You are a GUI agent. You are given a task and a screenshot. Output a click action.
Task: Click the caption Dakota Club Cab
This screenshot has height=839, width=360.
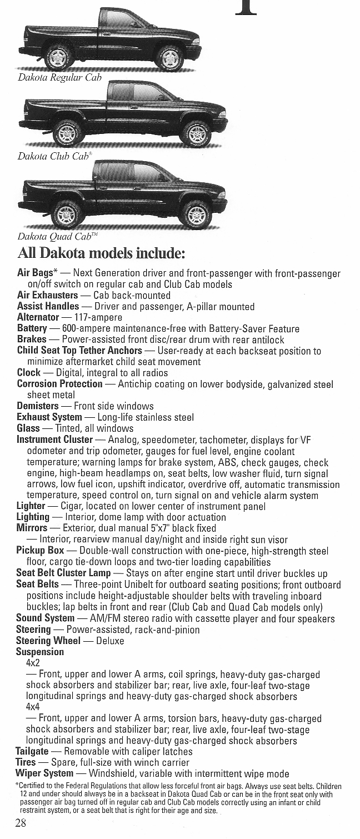54,156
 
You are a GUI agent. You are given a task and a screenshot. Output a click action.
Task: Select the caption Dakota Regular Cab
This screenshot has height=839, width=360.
60,78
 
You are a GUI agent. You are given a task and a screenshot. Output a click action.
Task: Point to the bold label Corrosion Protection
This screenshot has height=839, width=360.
60,383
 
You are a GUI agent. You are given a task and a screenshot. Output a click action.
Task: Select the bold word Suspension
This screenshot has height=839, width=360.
40,651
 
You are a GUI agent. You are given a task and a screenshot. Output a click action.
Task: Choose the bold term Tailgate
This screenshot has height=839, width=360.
35,751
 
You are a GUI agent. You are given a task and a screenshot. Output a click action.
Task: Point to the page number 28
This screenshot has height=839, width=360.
21,823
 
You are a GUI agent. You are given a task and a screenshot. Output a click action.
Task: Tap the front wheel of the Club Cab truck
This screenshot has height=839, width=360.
196,134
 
